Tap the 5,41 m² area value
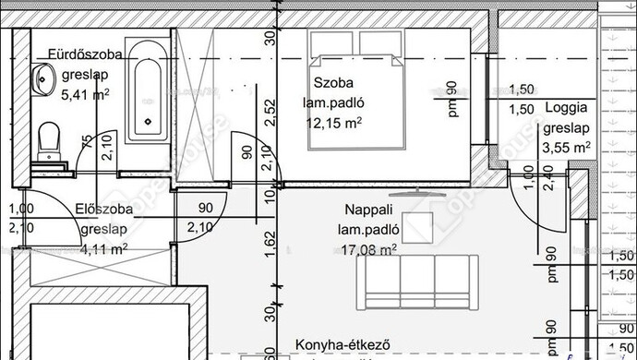[x=86, y=93]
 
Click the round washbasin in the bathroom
[x=42, y=78]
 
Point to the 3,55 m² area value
[x=567, y=146]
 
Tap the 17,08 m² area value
[x=368, y=247]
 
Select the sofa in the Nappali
[x=420, y=282]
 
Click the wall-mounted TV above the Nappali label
[x=419, y=193]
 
